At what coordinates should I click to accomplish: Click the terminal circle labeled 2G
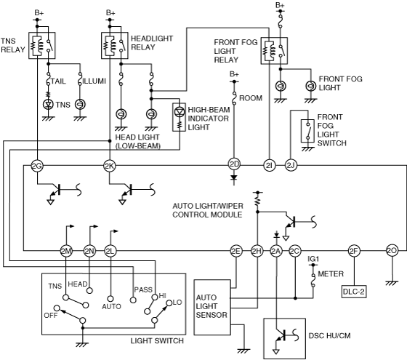click(x=37, y=166)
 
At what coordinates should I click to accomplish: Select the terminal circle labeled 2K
click(x=109, y=166)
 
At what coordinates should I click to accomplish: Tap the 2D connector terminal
click(x=234, y=164)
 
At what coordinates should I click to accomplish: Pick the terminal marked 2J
click(x=291, y=166)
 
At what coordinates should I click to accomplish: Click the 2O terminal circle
click(x=392, y=251)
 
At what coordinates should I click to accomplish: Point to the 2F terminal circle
click(x=354, y=251)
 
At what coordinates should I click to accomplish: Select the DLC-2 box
click(x=354, y=292)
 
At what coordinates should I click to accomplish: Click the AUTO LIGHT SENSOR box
click(x=212, y=307)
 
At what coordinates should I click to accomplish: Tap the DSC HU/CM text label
click(x=329, y=335)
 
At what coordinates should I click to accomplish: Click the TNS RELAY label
click(x=13, y=45)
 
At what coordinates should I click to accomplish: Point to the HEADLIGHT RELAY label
click(x=152, y=43)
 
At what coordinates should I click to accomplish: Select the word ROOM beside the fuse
click(x=251, y=98)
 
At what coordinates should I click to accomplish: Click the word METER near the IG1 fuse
click(x=331, y=274)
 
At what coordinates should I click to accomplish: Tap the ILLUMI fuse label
click(x=94, y=81)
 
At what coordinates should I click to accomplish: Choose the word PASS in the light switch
click(x=143, y=289)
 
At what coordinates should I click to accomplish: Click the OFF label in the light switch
click(x=51, y=316)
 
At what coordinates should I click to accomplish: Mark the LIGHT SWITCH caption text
click(x=157, y=341)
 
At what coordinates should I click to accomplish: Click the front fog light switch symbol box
click(x=307, y=131)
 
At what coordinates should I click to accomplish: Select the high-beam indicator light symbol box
click(x=179, y=117)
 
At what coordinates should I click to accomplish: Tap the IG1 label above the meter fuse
click(x=313, y=259)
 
